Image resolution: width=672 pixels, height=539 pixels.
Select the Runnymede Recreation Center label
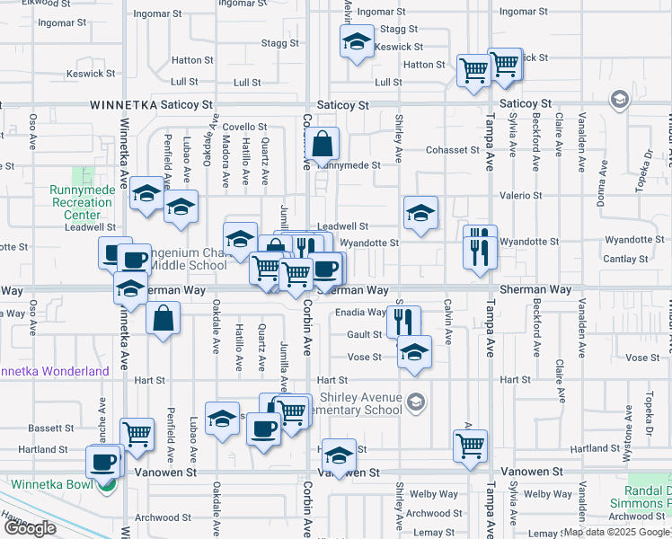click(x=82, y=202)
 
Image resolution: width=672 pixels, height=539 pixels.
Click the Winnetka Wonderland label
click(x=54, y=371)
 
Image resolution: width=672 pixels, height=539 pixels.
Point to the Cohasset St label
click(x=453, y=150)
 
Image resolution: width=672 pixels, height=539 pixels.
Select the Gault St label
click(x=365, y=334)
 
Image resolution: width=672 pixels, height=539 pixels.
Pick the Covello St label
click(x=245, y=128)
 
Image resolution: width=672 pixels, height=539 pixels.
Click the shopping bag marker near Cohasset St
click(x=321, y=143)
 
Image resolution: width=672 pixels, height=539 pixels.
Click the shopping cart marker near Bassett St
click(x=137, y=434)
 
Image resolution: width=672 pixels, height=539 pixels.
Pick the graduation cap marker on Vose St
click(x=413, y=351)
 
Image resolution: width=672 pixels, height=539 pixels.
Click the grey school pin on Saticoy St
click(x=618, y=98)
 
